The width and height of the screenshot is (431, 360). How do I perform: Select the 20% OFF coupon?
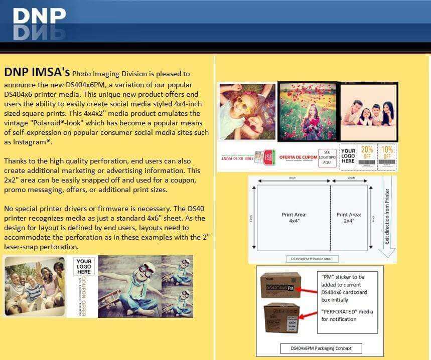367,153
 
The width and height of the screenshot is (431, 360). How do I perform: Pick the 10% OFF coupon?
387,153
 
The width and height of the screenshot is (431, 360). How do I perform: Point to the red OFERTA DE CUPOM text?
299,156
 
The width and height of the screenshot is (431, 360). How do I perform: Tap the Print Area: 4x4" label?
294,217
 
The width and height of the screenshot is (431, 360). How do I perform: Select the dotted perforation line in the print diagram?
330,217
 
